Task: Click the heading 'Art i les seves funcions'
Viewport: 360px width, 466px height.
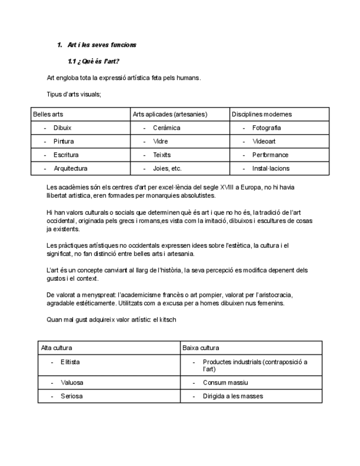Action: click(102, 45)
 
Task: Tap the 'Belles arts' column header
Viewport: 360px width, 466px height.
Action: click(48, 114)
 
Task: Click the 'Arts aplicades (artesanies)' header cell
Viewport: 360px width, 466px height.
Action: click(170, 114)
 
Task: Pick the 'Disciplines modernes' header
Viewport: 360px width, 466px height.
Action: click(262, 114)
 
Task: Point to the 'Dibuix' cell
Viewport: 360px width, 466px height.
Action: click(63, 128)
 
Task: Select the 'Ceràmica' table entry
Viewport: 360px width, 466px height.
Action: click(167, 128)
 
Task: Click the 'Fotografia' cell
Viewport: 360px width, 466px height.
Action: click(267, 128)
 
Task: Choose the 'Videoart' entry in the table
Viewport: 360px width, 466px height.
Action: click(264, 141)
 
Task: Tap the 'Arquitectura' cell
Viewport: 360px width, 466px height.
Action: click(70, 169)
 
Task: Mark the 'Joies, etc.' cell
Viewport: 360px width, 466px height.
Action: click(167, 169)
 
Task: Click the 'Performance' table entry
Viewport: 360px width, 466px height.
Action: click(270, 155)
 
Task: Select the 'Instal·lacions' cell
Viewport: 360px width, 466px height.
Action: click(270, 169)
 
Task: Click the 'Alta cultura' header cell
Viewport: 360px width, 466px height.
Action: click(57, 348)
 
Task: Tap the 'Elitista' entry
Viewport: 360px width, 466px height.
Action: click(70, 362)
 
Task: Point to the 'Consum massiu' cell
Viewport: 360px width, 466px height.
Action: click(225, 382)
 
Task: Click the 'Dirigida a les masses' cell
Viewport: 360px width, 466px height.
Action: click(232, 396)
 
